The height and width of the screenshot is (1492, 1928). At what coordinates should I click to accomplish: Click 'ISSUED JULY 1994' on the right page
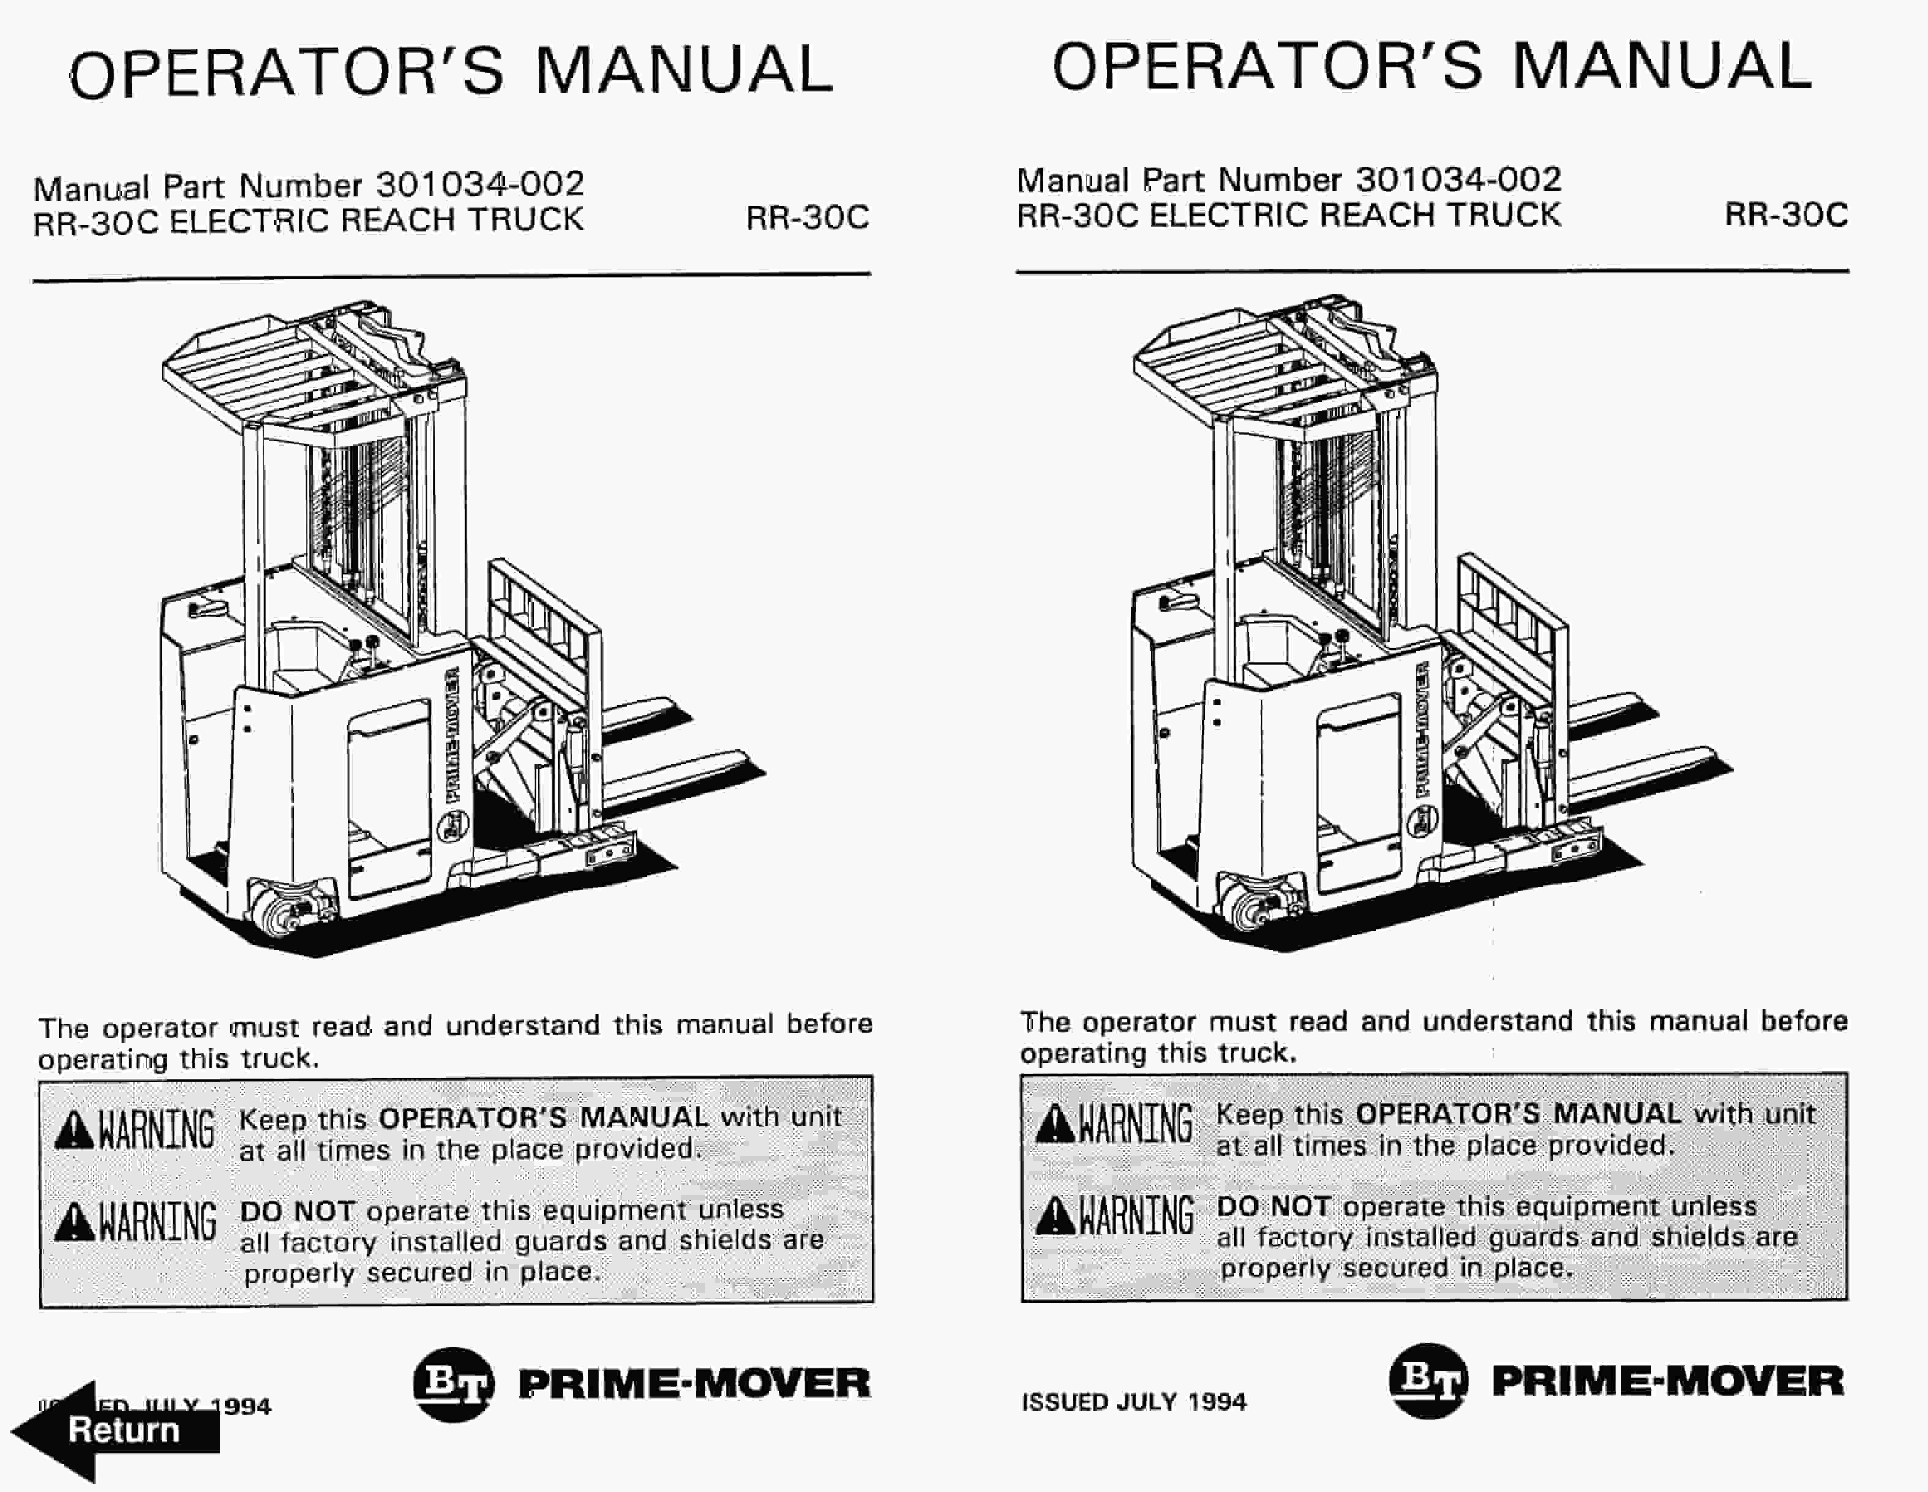(1133, 1402)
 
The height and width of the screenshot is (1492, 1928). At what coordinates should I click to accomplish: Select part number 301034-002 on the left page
(479, 184)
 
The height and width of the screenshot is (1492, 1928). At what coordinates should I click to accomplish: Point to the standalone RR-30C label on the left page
(807, 218)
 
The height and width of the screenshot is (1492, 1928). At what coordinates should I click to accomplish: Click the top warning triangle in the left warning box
(74, 1131)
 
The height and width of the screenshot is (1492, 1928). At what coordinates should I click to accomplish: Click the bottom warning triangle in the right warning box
(1055, 1216)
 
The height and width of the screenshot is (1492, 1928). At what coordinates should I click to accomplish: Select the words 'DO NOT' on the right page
(1273, 1206)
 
